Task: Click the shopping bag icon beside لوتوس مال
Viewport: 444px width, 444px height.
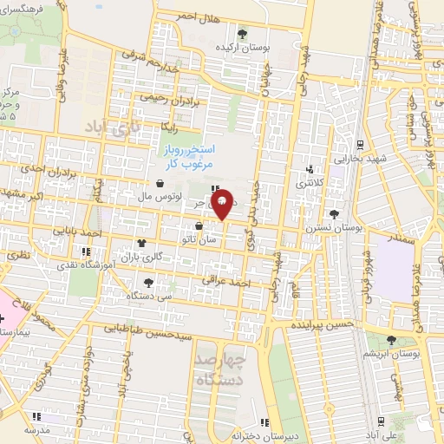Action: (x=161, y=183)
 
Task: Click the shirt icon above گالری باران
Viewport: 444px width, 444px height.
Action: (x=140, y=244)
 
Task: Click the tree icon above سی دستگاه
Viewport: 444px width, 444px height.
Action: (x=148, y=281)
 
